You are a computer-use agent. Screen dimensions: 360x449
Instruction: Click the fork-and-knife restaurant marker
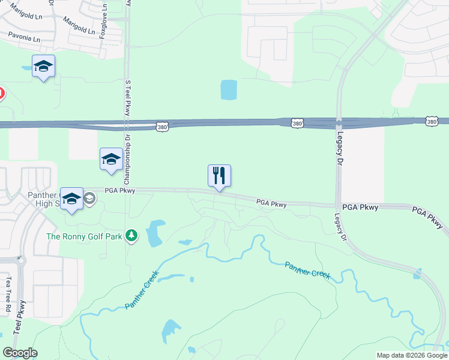(219, 176)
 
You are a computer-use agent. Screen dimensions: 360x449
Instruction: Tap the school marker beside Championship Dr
(111, 160)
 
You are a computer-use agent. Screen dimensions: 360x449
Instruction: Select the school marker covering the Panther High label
(71, 199)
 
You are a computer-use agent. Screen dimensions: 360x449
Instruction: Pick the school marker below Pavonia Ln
(43, 67)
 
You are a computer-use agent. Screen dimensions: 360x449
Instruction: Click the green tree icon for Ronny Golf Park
(131, 236)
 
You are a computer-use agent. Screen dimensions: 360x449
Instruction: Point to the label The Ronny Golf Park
(84, 236)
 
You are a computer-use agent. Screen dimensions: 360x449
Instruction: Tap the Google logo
(20, 353)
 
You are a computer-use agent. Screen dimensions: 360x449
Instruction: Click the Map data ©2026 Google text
(411, 355)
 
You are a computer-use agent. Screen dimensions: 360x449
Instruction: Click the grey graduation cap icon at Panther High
(89, 198)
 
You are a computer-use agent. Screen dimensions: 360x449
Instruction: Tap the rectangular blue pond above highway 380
(229, 90)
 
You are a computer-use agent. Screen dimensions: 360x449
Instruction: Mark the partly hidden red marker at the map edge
(1, 94)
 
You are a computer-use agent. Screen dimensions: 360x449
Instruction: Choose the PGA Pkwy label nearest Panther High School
(121, 191)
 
